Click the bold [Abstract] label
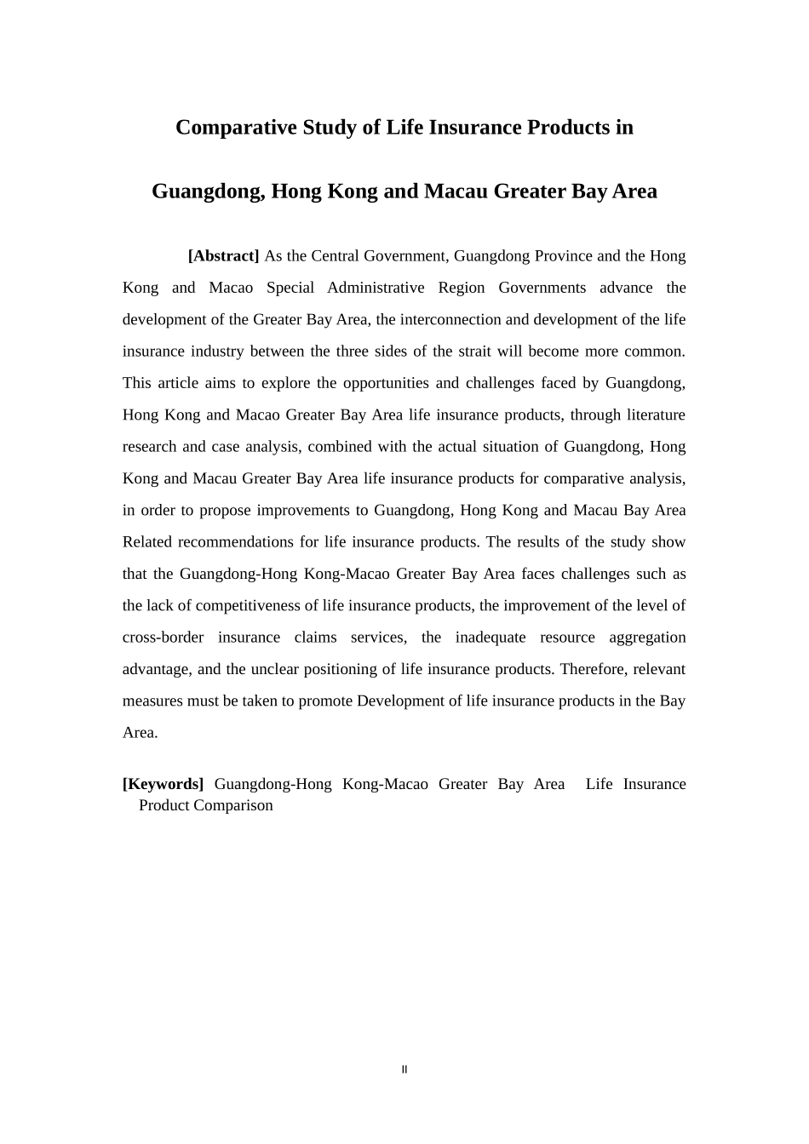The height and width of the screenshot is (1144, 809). tap(223, 256)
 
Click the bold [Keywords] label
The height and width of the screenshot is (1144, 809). tap(163, 784)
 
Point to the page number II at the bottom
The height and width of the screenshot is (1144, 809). tap(404, 1070)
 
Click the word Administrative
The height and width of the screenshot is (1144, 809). tap(376, 288)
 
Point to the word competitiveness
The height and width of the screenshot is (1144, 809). tap(256, 606)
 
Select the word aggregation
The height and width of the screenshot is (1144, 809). tap(647, 638)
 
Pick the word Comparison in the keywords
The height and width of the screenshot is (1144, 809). tap(232, 805)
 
